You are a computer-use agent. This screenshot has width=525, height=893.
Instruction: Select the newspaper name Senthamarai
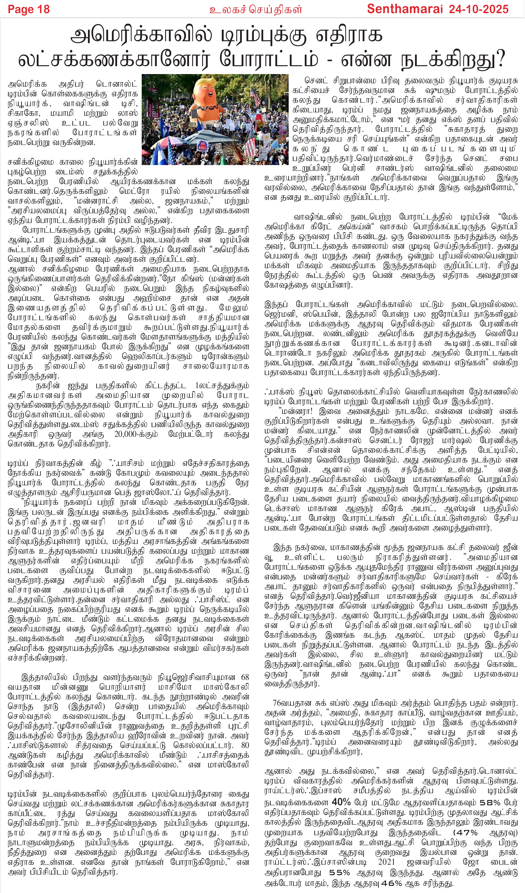(x=405, y=9)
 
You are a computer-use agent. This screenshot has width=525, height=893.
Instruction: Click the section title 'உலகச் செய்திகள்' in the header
(x=255, y=9)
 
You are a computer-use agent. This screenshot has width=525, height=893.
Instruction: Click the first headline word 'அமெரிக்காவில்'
(x=142, y=36)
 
